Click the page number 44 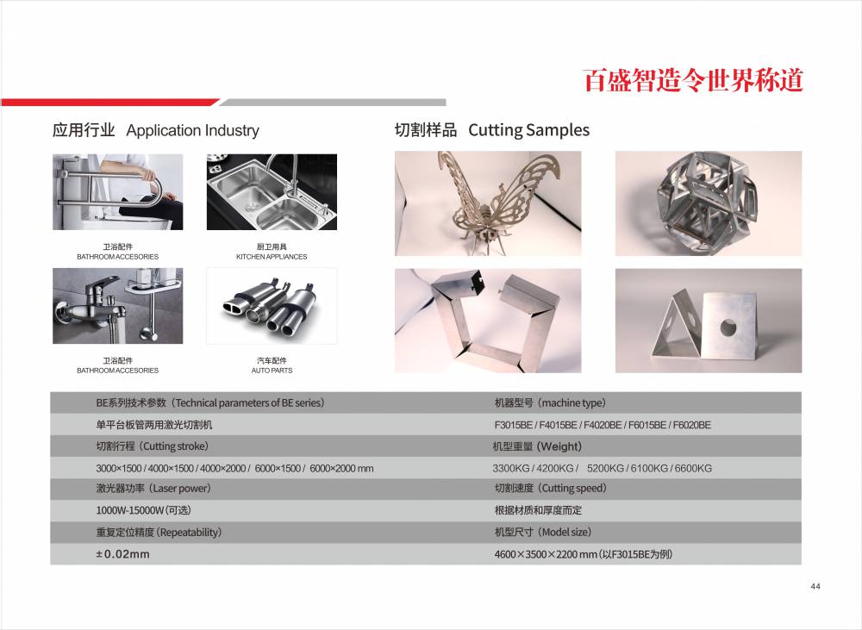coord(815,587)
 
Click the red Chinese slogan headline coord(693,80)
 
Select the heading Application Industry coord(192,131)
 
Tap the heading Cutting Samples coord(529,130)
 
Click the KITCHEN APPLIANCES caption coord(272,257)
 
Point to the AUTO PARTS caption coord(272,371)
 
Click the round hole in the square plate coord(728,328)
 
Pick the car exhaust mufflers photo coord(272,306)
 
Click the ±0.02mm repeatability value coord(122,554)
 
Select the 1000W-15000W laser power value coord(143,510)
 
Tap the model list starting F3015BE coord(603,425)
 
